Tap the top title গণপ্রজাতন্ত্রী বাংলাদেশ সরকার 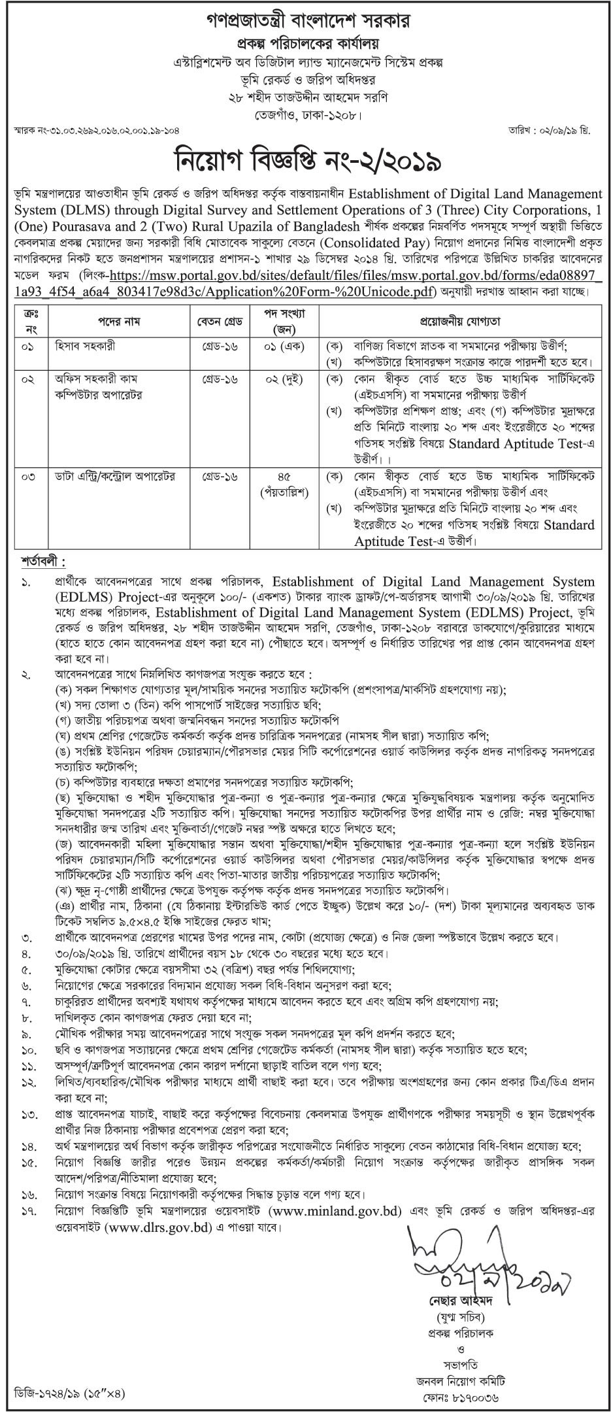(x=305, y=21)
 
